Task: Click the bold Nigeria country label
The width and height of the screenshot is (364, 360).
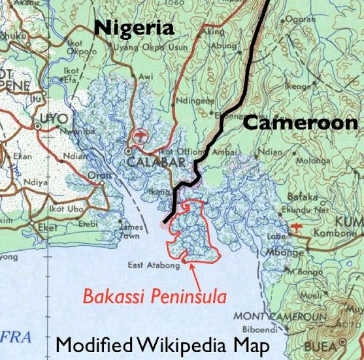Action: tap(134, 27)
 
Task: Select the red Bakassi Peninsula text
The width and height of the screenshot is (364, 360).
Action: tap(154, 297)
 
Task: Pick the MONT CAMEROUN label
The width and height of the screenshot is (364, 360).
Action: tap(270, 317)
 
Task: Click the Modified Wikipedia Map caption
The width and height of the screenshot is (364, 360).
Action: tap(162, 344)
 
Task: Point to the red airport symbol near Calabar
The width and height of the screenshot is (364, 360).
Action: tap(139, 136)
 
